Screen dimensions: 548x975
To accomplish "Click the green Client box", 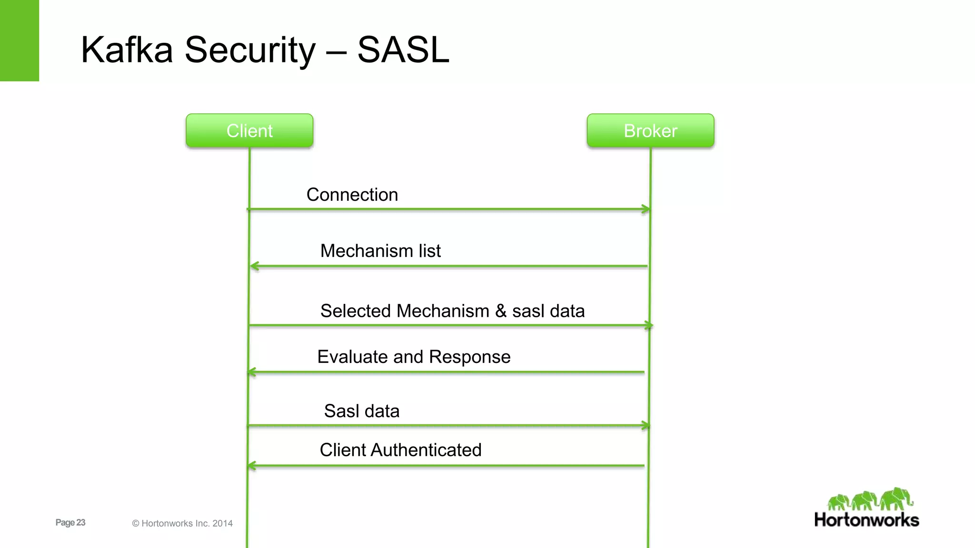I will [x=249, y=130].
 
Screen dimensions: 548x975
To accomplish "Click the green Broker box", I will [x=650, y=130].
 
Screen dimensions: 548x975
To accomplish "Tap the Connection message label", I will [x=352, y=195].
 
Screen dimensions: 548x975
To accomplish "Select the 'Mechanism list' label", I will [x=380, y=251].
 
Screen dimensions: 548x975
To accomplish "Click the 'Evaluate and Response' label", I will [x=414, y=357].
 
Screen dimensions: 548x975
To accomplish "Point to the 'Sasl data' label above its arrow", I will [x=361, y=411].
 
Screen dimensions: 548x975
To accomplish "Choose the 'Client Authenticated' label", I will [x=400, y=450].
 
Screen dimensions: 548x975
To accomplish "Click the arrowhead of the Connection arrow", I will [x=646, y=209].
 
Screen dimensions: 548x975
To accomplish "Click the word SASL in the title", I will [x=403, y=49].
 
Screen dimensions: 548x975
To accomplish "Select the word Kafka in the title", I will [x=127, y=49].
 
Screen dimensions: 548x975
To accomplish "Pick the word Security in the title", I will [x=250, y=50].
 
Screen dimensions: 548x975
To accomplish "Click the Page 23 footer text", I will [x=70, y=522].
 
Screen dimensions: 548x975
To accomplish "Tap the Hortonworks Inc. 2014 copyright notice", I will [x=182, y=523].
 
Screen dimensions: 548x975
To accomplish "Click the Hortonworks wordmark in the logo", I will [x=866, y=520].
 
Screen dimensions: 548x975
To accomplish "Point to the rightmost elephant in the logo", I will [x=896, y=499].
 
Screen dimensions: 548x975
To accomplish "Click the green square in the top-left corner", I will [x=19, y=40].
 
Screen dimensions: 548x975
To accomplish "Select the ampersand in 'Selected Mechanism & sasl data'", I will [x=500, y=311].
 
